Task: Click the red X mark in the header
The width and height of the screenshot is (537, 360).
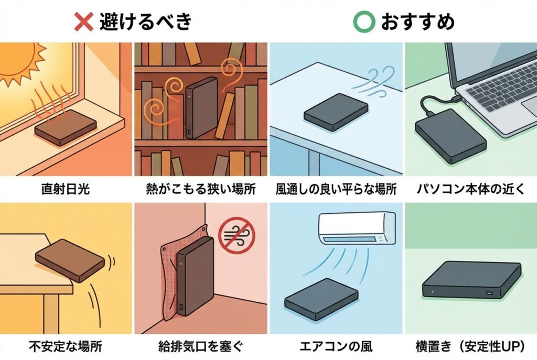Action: click(x=84, y=21)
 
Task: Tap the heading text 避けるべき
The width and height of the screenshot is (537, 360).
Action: click(x=146, y=21)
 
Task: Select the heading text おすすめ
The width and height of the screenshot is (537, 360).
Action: click(x=417, y=21)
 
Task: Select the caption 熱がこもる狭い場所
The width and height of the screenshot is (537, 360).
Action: click(x=201, y=189)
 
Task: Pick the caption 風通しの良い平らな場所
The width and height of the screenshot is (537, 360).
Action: click(x=336, y=189)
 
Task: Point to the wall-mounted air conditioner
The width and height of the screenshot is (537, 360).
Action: click(x=357, y=227)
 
